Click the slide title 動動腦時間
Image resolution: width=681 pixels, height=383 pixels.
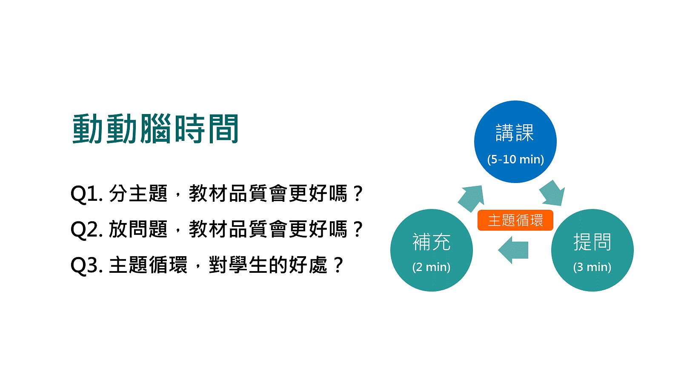click(x=155, y=129)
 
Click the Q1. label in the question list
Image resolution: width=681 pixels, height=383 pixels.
click(x=87, y=194)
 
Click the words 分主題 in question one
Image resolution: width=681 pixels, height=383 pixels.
click(x=138, y=193)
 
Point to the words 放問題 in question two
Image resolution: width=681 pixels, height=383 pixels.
click(x=138, y=229)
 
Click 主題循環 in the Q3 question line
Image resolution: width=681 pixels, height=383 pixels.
click(x=148, y=265)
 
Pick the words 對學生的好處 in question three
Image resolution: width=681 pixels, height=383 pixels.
click(x=268, y=265)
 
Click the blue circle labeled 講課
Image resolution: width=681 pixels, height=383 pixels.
click(x=515, y=142)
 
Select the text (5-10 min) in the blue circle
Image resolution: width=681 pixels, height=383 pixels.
click(x=515, y=159)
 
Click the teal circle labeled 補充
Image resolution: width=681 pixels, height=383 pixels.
click(x=432, y=250)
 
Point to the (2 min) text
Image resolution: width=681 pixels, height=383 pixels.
click(x=432, y=267)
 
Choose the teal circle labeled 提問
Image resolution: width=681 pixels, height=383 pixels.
click(x=592, y=250)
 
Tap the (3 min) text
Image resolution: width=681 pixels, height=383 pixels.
click(x=592, y=267)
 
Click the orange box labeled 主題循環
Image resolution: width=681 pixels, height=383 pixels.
click(x=515, y=220)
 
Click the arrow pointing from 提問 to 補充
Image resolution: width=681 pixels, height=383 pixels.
click(x=513, y=250)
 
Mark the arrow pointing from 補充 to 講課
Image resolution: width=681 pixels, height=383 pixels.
click(x=471, y=198)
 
